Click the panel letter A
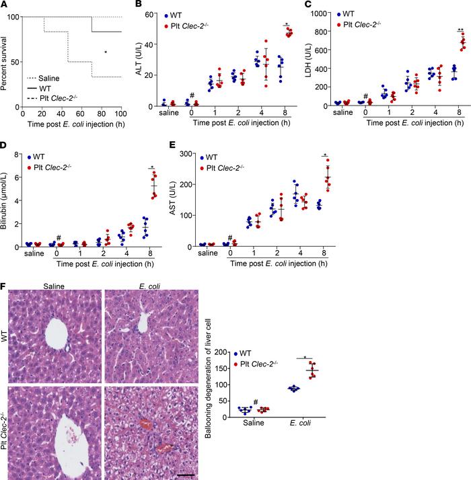5,6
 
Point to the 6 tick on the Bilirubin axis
14,178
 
